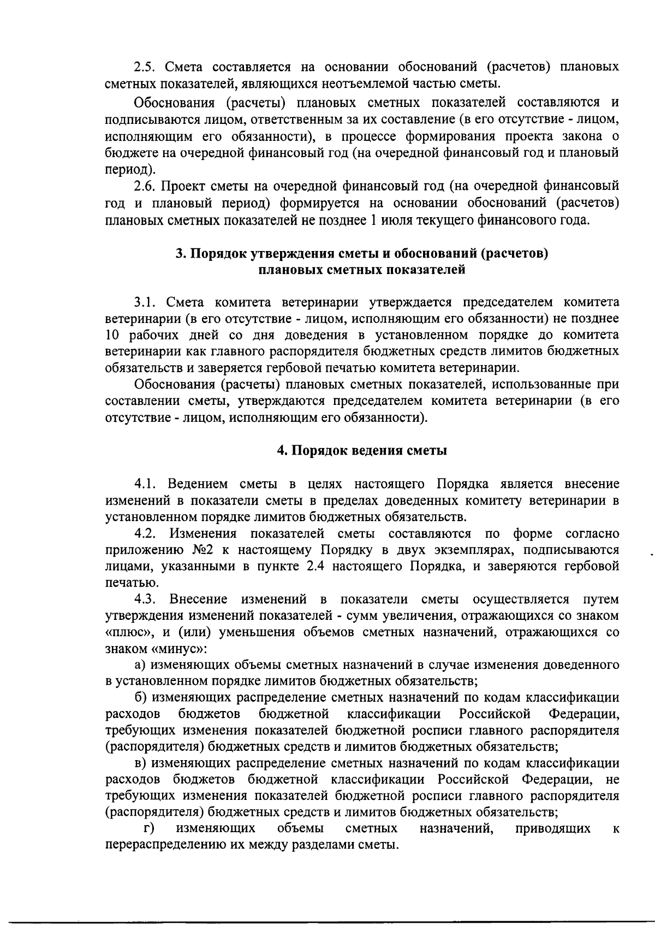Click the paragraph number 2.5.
coord(146,68)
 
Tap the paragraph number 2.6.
coord(146,187)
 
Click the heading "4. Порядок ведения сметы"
coord(362,451)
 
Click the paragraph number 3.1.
coord(146,302)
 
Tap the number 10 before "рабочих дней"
coord(112,334)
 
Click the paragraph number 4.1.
coord(146,484)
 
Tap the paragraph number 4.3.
coord(146,599)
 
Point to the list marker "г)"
coord(147,829)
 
